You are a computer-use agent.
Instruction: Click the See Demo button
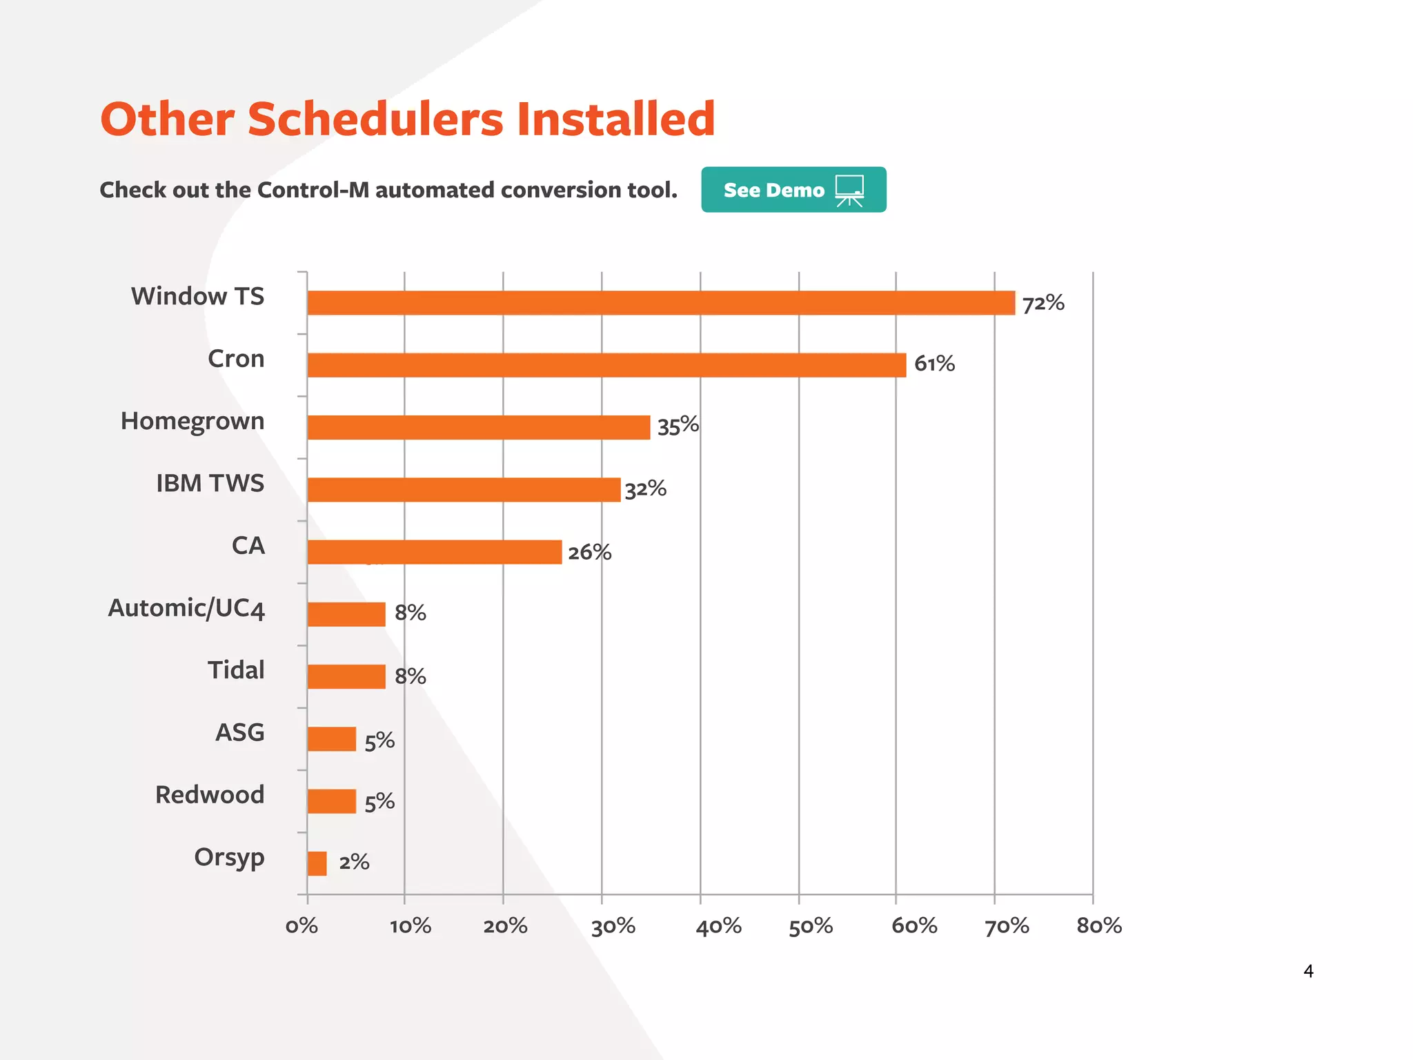(793, 190)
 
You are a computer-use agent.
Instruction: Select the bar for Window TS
(661, 303)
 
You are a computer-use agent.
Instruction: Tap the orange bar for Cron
(606, 365)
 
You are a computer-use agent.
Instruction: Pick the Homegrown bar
(478, 427)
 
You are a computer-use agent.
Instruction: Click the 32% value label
(645, 489)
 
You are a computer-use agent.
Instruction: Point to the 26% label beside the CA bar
(589, 552)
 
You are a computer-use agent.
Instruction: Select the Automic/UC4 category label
(186, 609)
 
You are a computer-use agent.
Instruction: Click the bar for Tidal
(346, 676)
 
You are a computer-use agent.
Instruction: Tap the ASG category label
(239, 733)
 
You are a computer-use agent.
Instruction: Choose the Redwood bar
(331, 801)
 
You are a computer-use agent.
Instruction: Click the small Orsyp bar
(317, 863)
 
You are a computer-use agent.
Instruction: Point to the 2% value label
(354, 862)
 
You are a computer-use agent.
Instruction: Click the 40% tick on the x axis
(718, 926)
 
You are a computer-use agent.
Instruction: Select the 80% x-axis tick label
(1098, 926)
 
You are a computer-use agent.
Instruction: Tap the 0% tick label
(302, 926)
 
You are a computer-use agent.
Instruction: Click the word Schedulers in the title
(375, 119)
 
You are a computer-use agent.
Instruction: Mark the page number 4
(1307, 971)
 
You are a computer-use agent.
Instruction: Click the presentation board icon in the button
(849, 190)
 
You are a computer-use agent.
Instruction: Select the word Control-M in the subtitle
(313, 190)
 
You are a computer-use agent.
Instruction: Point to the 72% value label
(1043, 303)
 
